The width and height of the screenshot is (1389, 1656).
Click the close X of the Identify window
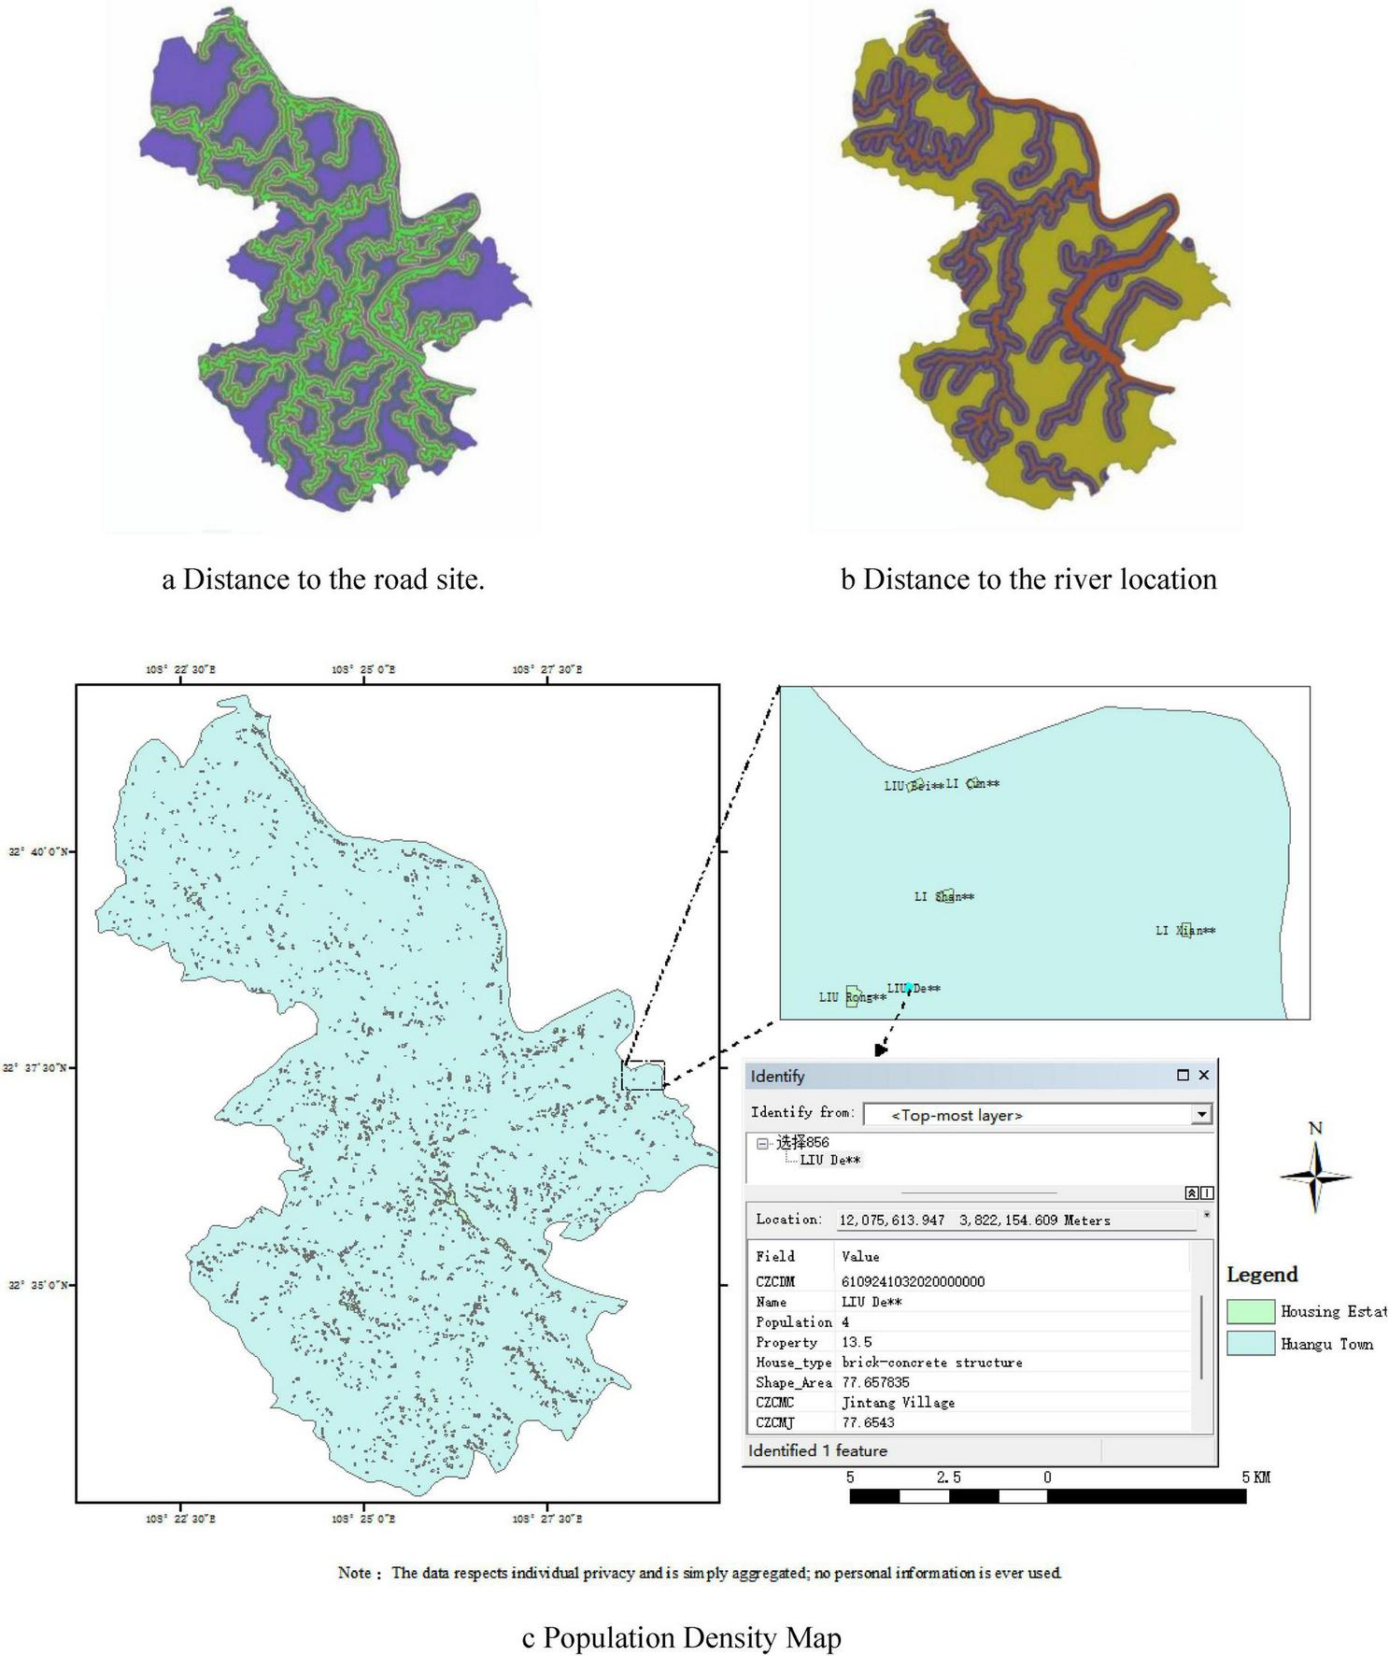[x=1203, y=1075]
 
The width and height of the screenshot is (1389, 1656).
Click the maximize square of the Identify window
[x=1183, y=1075]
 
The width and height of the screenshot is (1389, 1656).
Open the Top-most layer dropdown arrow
[x=1201, y=1114]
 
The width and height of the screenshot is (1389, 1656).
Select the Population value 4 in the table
[x=845, y=1322]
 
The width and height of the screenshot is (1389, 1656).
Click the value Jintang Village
[x=898, y=1402]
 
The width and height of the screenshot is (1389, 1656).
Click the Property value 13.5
[x=857, y=1342]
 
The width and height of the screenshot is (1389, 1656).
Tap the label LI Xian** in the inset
[x=1185, y=930]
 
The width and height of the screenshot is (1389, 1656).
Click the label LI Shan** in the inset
[x=943, y=896]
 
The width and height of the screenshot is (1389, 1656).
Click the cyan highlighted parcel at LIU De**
[x=908, y=986]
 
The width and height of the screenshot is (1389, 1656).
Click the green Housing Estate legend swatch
[x=1250, y=1311]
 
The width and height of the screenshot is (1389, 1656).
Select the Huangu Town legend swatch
[x=1250, y=1343]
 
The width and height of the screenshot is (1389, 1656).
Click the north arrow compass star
[x=1315, y=1177]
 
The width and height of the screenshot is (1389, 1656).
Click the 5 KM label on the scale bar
[x=1255, y=1478]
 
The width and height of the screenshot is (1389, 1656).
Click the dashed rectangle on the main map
[x=643, y=1076]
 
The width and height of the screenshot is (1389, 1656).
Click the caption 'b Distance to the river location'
[x=1028, y=579]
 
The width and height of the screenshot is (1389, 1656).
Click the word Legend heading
[x=1261, y=1275]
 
